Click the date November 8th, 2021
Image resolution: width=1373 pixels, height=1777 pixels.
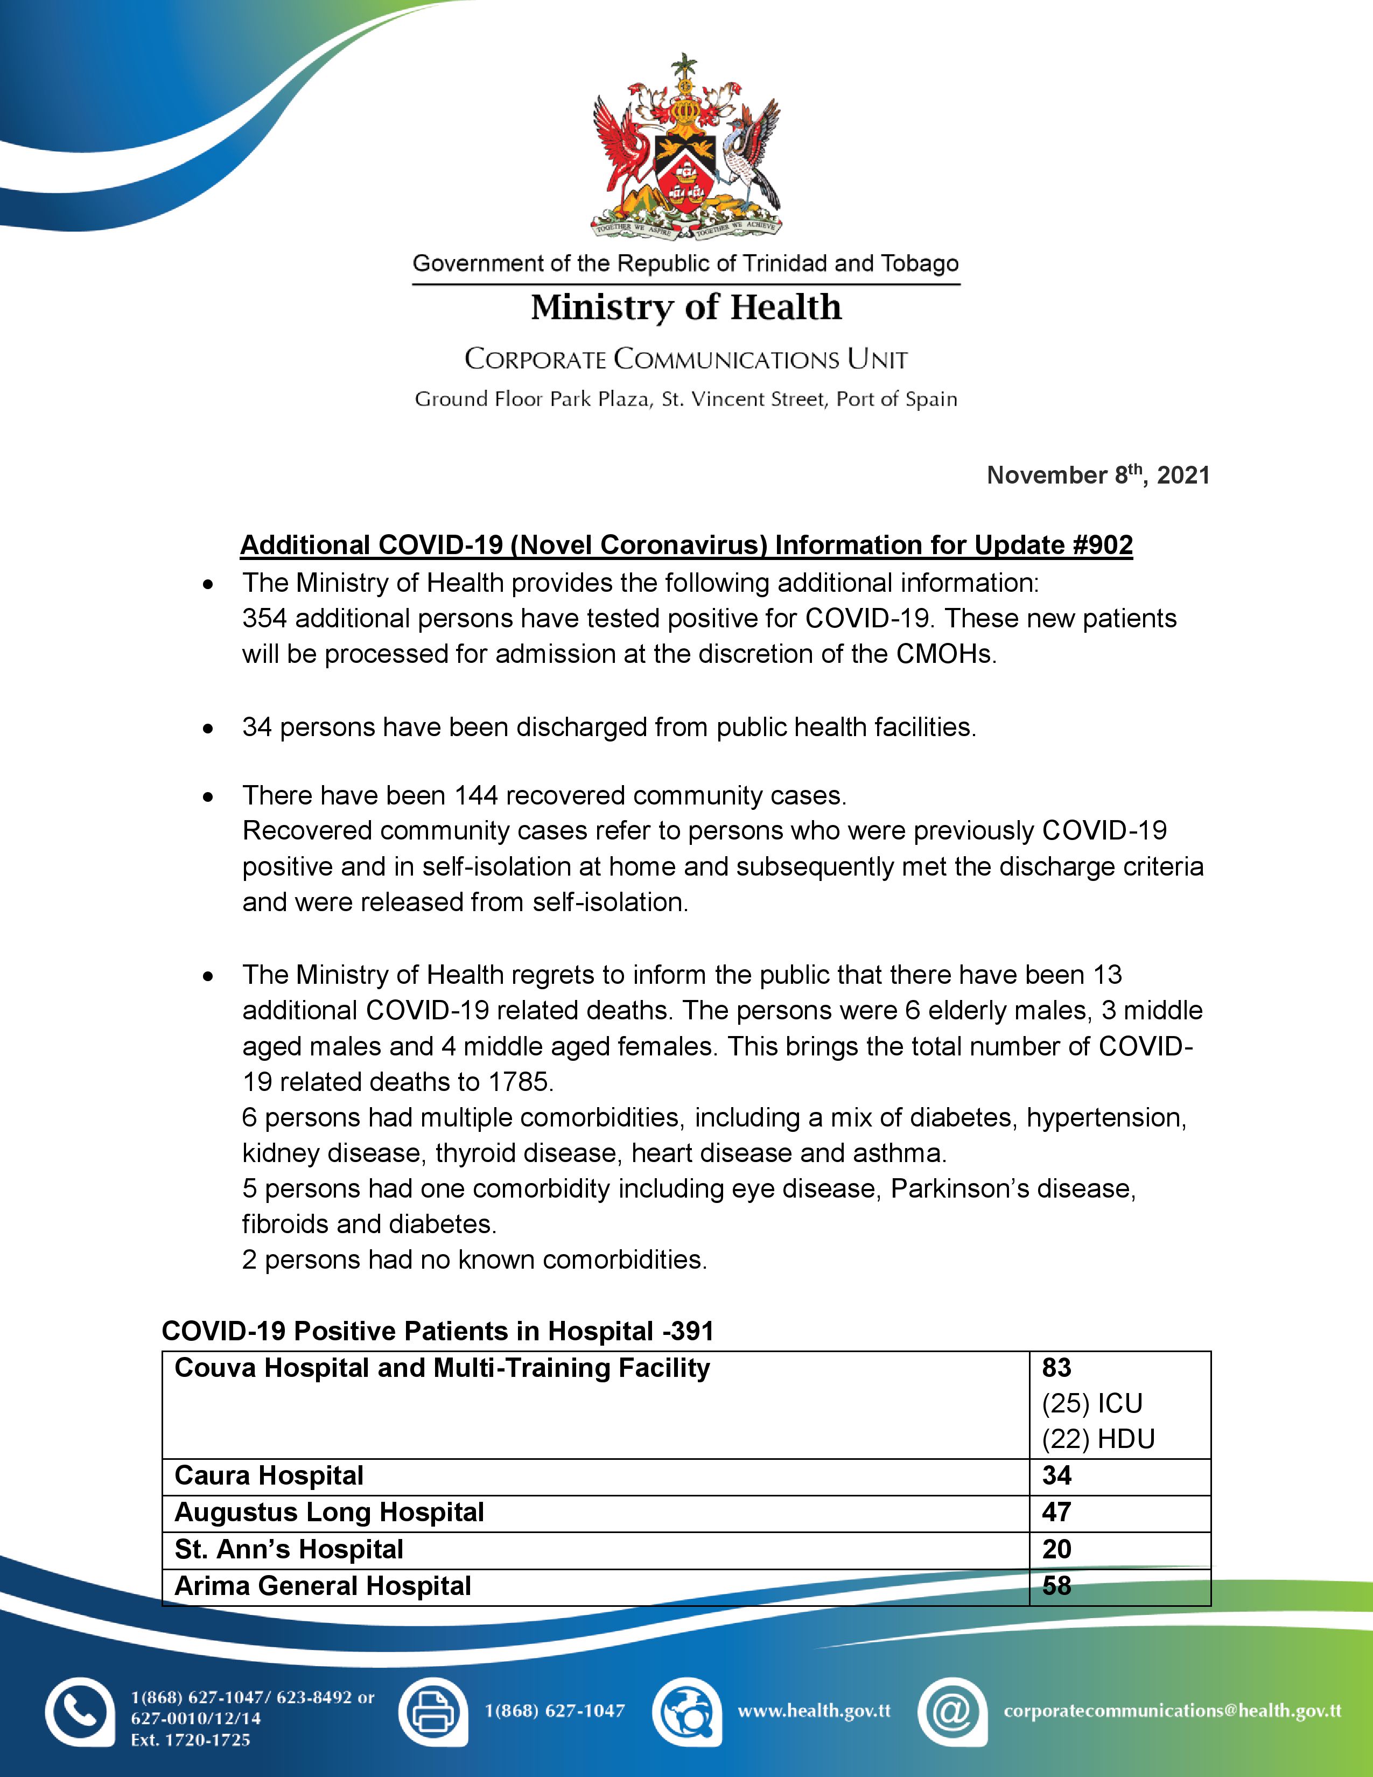1097,475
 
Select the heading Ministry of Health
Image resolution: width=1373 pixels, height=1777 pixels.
685,307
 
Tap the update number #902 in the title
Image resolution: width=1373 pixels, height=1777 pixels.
1102,544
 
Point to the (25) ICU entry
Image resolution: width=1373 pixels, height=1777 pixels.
1092,1403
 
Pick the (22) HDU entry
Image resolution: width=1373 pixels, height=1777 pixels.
1098,1439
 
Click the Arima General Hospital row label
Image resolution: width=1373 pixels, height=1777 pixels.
323,1586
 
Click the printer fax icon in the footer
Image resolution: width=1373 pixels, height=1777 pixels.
433,1712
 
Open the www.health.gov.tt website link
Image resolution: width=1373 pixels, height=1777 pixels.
814,1711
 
